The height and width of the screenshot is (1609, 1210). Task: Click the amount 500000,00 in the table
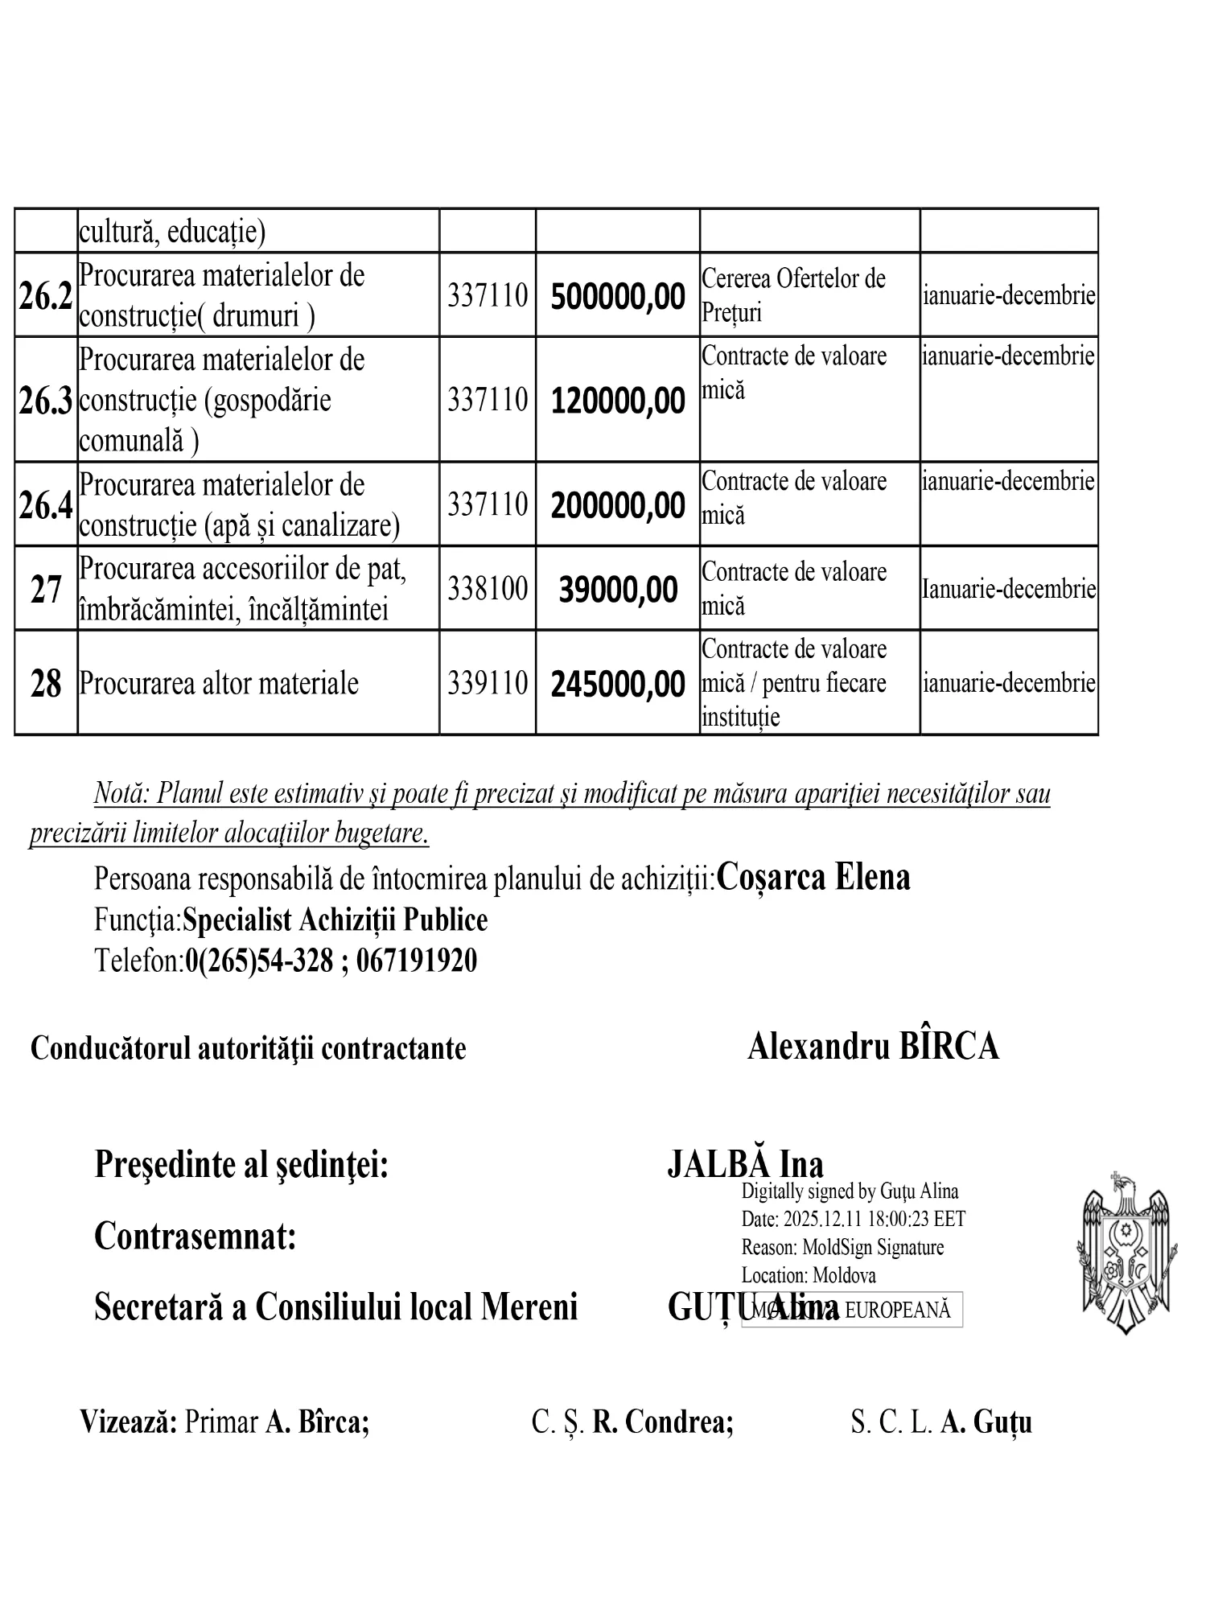tap(618, 297)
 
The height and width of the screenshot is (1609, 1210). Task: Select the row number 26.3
tap(46, 401)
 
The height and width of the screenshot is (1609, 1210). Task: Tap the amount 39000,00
tap(618, 591)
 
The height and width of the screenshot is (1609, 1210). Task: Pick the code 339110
tap(488, 684)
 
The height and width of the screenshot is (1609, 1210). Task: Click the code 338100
tap(488, 589)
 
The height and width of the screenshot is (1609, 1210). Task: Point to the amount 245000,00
tap(618, 685)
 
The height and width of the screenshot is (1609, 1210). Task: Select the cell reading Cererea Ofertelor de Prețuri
tap(793, 295)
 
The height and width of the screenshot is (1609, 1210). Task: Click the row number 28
tap(46, 685)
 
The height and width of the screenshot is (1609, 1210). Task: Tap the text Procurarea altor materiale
tap(219, 684)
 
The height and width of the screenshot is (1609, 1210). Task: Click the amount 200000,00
tap(618, 506)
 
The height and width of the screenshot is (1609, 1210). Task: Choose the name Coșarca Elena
tap(813, 877)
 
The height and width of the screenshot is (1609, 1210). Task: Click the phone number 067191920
tap(416, 961)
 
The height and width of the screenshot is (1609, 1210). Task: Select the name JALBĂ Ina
tap(745, 1165)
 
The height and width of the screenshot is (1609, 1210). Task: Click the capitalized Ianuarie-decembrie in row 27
tap(1008, 590)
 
